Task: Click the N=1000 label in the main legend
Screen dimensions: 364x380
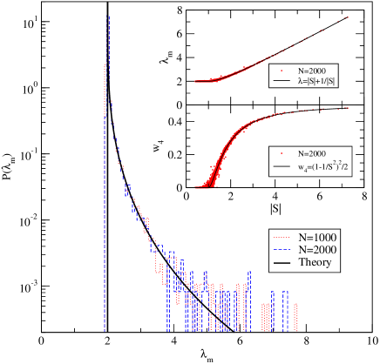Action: (x=317, y=237)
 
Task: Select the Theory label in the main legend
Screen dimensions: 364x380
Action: (x=315, y=263)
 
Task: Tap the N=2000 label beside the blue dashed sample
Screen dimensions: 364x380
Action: (x=317, y=250)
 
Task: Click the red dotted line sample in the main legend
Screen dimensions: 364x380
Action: (x=282, y=237)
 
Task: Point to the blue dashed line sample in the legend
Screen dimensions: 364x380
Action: (x=282, y=250)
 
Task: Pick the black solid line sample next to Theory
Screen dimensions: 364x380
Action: (x=282, y=263)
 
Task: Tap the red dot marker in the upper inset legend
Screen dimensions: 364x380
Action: (x=281, y=70)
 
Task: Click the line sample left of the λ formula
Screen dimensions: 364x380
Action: (x=281, y=81)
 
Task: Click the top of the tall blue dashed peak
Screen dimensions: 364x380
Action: (x=107, y=16)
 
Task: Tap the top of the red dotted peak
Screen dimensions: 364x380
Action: (x=105, y=65)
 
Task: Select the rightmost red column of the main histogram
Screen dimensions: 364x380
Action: (x=296, y=317)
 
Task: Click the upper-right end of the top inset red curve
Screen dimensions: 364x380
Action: (x=347, y=17)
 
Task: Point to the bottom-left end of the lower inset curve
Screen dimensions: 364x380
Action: (x=197, y=185)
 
